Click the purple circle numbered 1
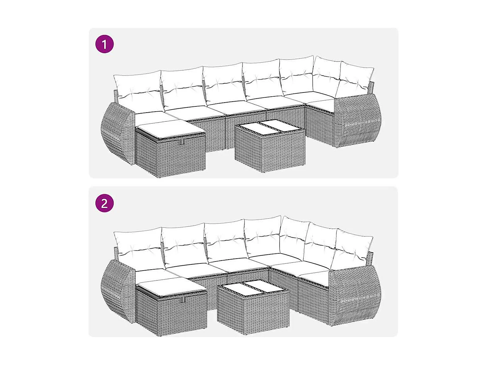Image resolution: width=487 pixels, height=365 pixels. point(105,44)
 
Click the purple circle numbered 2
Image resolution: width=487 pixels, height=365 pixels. point(105,203)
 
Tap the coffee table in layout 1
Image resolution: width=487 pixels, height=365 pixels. point(270,149)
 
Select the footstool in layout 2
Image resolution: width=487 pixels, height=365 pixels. point(171,308)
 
